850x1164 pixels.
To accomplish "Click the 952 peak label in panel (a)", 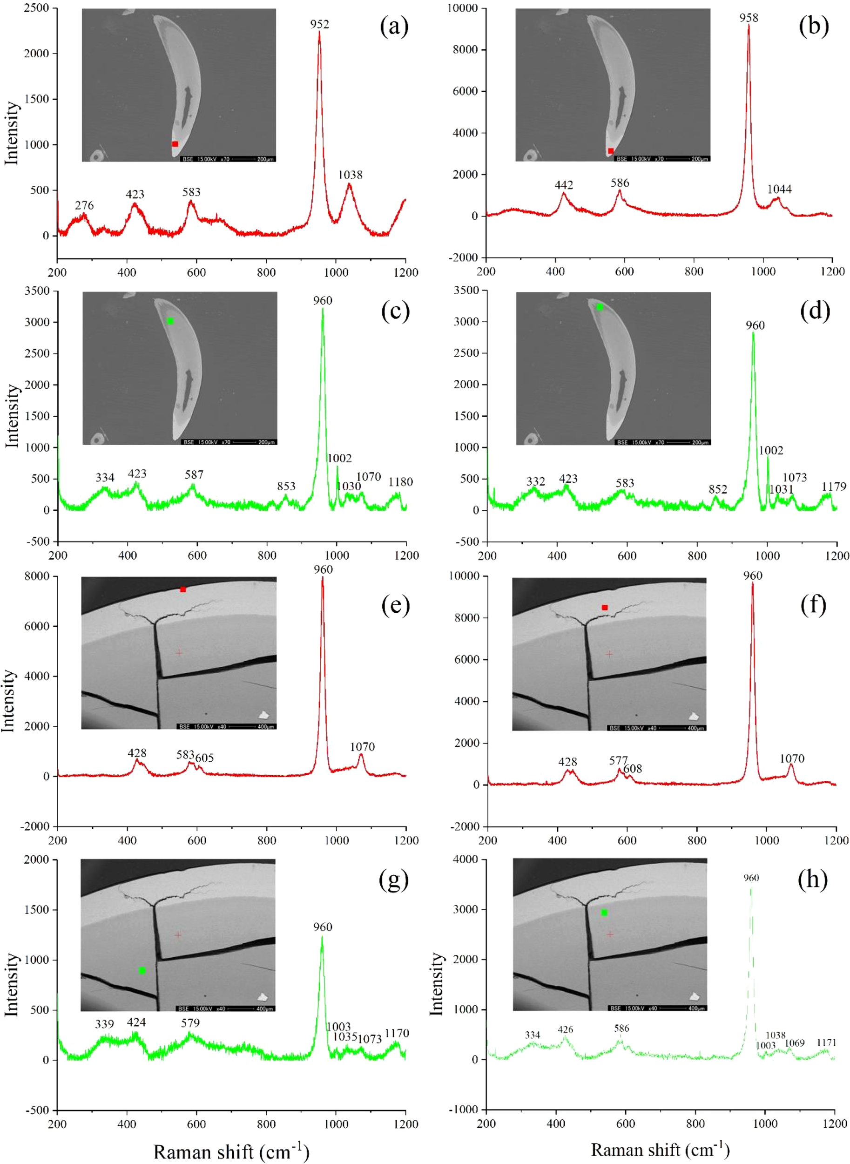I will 319,24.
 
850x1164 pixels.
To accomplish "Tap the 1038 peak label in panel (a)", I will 350,175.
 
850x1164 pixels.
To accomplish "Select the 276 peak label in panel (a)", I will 84,206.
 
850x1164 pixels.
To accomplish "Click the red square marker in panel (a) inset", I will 175,144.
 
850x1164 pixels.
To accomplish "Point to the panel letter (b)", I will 814,26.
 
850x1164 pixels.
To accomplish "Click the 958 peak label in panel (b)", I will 749,18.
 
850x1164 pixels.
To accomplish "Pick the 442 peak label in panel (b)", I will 564,185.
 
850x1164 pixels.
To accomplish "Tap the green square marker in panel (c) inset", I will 170,321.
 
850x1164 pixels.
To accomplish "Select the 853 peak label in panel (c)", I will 286,486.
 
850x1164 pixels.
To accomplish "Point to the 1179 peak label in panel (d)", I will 834,486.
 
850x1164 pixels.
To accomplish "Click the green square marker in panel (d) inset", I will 600,307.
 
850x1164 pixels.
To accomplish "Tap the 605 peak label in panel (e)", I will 204,758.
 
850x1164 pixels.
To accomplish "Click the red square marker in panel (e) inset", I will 182,589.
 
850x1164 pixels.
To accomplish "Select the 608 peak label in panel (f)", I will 632,769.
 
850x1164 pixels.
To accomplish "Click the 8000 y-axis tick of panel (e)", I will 39,577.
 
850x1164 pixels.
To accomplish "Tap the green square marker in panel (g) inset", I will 142,970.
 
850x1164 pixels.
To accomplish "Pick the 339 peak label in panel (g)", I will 104,1024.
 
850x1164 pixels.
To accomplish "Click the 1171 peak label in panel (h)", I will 826,1042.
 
